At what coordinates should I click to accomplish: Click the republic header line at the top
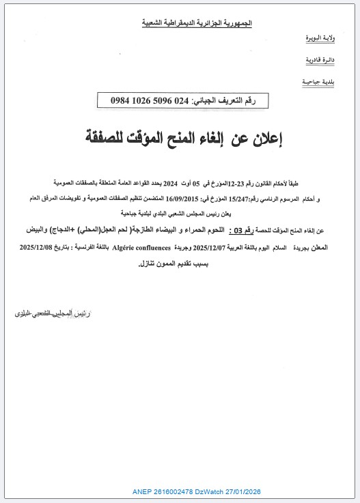197,23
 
